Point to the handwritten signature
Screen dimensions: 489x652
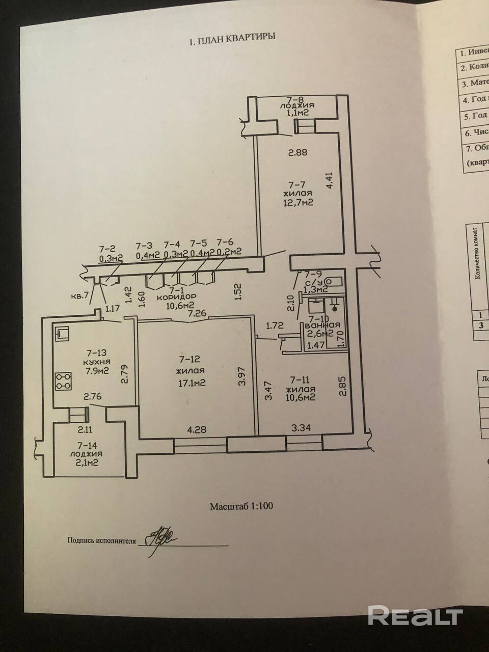pyautogui.click(x=160, y=537)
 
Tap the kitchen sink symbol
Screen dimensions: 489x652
pyautogui.click(x=63, y=334)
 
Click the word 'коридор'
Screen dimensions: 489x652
pyautogui.click(x=176, y=296)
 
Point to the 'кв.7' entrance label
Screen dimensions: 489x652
pyautogui.click(x=81, y=295)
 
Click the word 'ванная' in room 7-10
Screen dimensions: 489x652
pyautogui.click(x=320, y=325)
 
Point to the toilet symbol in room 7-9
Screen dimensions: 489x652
pyautogui.click(x=334, y=281)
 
